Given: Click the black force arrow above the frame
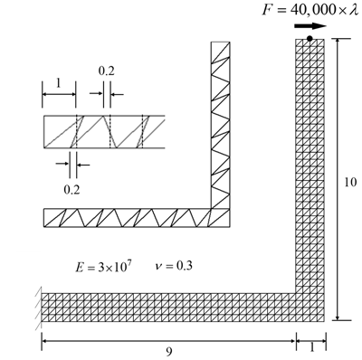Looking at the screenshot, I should [308, 27].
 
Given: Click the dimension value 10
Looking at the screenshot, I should [350, 182].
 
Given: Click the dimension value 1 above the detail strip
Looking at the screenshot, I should [59, 82].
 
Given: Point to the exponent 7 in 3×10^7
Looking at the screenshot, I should [131, 262].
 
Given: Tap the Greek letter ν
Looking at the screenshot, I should [157, 268].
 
